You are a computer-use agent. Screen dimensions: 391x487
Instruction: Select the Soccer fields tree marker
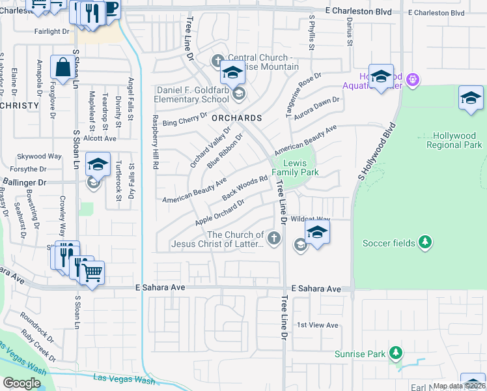tap(424, 242)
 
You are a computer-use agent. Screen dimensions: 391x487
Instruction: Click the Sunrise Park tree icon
tap(395, 353)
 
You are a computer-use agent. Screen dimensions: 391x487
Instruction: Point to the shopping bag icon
tap(62, 68)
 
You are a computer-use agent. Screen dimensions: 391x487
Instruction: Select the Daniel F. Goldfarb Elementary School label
tap(191, 94)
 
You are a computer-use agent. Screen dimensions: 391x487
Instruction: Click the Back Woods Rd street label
tap(245, 188)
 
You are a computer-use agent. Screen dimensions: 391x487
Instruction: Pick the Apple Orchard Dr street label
tap(219, 213)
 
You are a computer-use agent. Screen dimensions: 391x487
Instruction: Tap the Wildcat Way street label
tap(311, 220)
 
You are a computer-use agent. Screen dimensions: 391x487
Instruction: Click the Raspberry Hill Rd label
tap(155, 142)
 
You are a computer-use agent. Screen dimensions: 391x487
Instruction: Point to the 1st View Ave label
tap(317, 325)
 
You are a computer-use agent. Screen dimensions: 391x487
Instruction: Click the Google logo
tap(21, 383)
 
